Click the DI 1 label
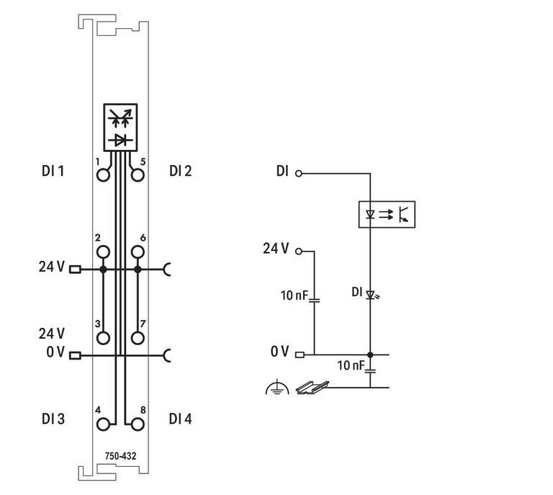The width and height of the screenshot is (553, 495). (x=53, y=171)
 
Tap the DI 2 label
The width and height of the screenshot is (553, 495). (x=180, y=171)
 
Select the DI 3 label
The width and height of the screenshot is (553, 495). (x=53, y=419)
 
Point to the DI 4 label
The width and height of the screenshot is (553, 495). (x=180, y=419)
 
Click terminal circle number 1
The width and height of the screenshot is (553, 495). (x=104, y=174)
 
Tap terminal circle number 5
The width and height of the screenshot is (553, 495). (x=138, y=174)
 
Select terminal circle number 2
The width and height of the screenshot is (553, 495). (x=104, y=251)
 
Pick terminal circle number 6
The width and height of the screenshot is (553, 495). (x=138, y=251)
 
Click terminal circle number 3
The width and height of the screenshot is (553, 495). (x=104, y=337)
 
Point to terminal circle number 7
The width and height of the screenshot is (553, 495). (x=138, y=337)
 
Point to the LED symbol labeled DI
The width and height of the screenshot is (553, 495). (x=371, y=294)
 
